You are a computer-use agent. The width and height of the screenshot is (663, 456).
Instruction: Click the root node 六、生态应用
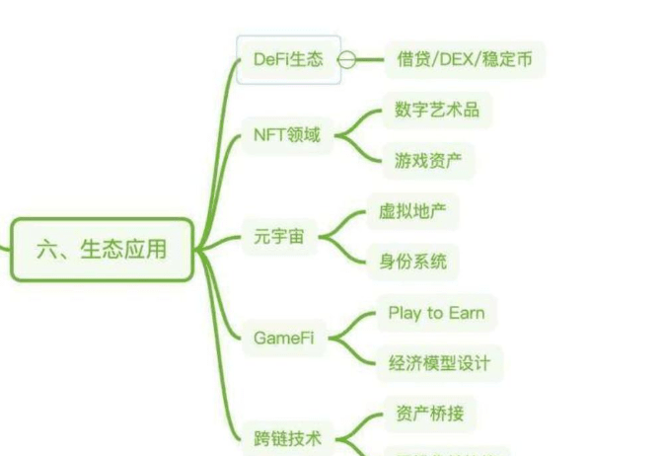(102, 250)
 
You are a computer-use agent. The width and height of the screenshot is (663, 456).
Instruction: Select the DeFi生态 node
(287, 59)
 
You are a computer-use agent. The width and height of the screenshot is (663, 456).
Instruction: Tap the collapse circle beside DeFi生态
(346, 59)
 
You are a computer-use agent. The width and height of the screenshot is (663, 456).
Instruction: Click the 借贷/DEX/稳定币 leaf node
(464, 59)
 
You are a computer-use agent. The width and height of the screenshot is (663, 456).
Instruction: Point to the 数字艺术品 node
(436, 110)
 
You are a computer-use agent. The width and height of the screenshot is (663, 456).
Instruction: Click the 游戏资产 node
(427, 160)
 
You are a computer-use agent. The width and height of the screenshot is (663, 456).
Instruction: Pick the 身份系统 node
(412, 262)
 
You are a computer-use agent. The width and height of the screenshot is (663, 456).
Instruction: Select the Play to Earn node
(435, 313)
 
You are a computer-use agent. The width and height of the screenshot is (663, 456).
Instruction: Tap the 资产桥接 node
(428, 414)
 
